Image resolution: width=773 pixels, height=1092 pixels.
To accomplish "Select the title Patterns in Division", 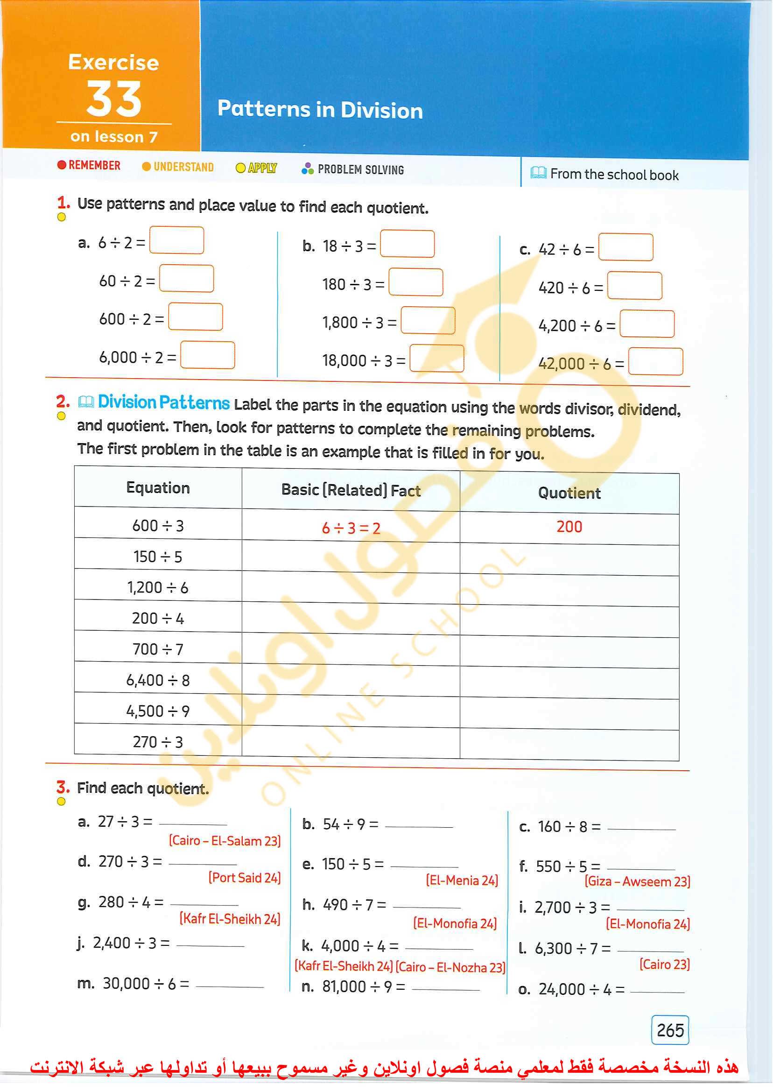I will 320,110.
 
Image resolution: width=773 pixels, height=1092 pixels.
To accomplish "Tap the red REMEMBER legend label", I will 89,165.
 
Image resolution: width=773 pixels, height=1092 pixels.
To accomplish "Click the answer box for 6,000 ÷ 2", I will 208,355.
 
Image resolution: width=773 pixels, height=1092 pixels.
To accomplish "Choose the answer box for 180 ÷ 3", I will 415,282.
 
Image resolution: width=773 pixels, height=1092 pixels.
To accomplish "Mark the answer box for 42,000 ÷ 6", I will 655,362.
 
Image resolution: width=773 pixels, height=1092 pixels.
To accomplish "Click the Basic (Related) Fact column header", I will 351,490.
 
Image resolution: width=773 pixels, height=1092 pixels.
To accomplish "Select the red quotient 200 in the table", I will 569,527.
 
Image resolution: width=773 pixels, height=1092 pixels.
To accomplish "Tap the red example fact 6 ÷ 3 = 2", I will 351,528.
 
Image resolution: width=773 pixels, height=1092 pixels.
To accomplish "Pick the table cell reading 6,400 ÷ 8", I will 158,680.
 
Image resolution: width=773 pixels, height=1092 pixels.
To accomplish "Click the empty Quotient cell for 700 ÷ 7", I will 569,652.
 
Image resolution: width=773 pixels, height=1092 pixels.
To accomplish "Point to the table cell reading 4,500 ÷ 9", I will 158,711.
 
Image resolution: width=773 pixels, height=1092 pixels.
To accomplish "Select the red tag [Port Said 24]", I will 244,878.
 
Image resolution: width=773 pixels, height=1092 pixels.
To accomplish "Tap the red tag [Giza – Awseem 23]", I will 637,881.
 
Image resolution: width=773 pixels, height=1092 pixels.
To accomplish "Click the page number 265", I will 670,1030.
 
